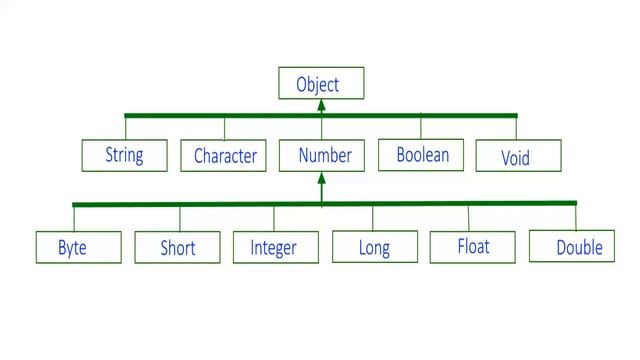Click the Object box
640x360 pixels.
(320, 83)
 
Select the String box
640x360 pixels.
(124, 155)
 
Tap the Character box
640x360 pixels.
(224, 155)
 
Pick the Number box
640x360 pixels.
(323, 155)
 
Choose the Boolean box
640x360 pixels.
(421, 155)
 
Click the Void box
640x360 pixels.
(517, 156)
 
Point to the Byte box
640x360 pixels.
(78, 247)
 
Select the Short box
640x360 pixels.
(177, 247)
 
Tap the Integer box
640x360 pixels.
(275, 247)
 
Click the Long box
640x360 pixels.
(374, 247)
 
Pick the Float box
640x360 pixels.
(473, 246)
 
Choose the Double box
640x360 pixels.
(572, 246)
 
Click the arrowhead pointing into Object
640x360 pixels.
(321, 105)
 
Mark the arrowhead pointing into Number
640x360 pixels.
(321, 180)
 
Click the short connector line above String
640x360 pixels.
(126, 128)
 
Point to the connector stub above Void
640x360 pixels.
(517, 128)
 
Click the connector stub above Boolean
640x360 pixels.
(421, 127)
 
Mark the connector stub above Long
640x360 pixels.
(373, 217)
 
